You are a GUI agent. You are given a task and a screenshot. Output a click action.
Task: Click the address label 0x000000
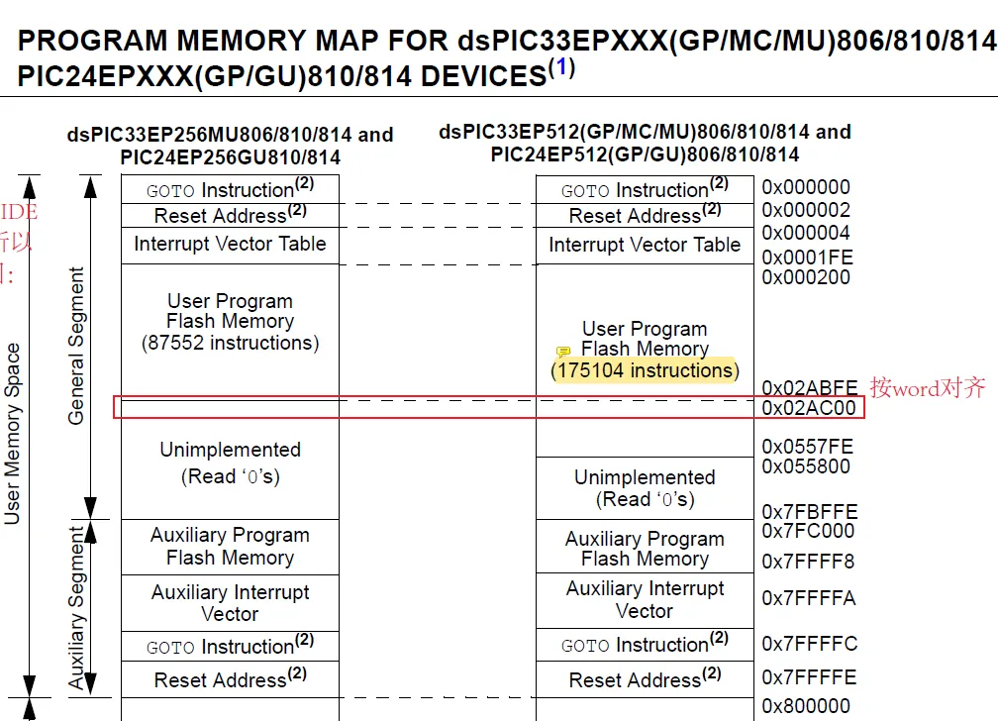805,187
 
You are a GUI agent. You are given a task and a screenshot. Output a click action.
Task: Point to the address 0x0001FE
807,257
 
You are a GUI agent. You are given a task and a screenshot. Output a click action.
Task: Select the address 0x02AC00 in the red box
808,408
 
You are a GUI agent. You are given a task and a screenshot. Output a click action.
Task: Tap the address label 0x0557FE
807,447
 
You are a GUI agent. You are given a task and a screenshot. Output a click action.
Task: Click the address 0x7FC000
807,531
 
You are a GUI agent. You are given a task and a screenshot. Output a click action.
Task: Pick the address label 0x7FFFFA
808,598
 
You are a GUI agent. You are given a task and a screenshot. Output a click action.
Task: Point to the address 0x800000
805,706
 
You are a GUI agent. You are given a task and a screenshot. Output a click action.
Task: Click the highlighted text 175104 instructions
645,370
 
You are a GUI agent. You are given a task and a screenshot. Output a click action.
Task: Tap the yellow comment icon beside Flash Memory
563,352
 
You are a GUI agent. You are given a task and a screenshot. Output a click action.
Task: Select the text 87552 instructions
230,343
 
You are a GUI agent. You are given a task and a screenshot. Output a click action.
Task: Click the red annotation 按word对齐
928,387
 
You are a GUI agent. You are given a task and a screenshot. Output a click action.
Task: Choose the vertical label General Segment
76,346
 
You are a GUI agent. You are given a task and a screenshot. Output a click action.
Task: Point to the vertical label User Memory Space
13,433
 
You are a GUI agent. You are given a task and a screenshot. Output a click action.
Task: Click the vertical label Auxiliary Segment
77,607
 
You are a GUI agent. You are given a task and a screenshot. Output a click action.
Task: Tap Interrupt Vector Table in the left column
230,244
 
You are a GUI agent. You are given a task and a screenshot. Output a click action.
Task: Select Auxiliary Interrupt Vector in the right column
645,599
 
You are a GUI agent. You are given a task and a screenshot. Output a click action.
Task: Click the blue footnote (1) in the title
561,69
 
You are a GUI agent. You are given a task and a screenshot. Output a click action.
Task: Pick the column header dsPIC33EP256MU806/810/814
230,134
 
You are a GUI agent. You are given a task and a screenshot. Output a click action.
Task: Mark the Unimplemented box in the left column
230,463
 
